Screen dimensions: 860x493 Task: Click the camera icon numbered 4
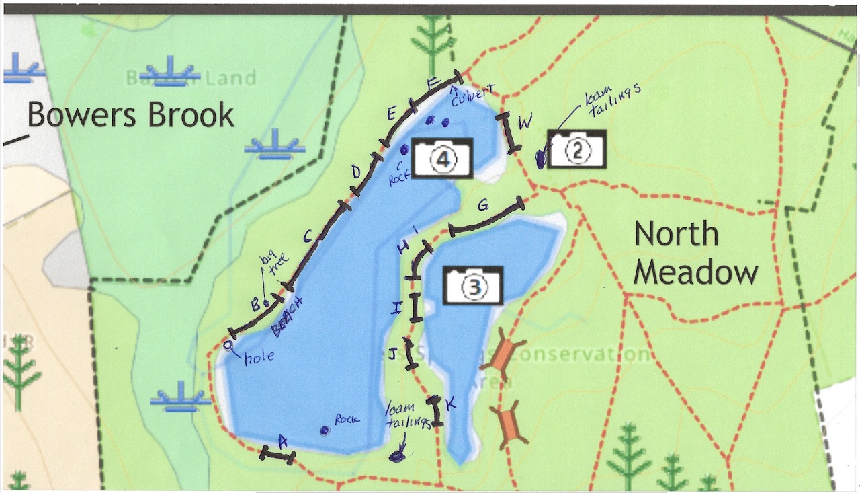(443, 158)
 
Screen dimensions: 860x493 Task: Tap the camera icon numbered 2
(577, 149)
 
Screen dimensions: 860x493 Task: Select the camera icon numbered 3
(473, 285)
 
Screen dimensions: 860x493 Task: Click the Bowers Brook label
(130, 115)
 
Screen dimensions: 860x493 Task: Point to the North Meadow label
(695, 254)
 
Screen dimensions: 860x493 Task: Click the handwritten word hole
(259, 356)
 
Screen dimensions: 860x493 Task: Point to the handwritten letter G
(482, 206)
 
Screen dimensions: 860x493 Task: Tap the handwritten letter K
(451, 404)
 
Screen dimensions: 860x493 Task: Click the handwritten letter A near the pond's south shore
(283, 441)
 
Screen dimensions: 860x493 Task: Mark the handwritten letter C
(307, 236)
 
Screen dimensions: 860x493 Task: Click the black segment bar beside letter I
(415, 307)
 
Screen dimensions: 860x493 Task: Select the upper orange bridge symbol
(503, 356)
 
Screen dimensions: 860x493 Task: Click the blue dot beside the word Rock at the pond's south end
(325, 430)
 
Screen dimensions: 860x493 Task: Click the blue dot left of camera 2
(541, 159)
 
